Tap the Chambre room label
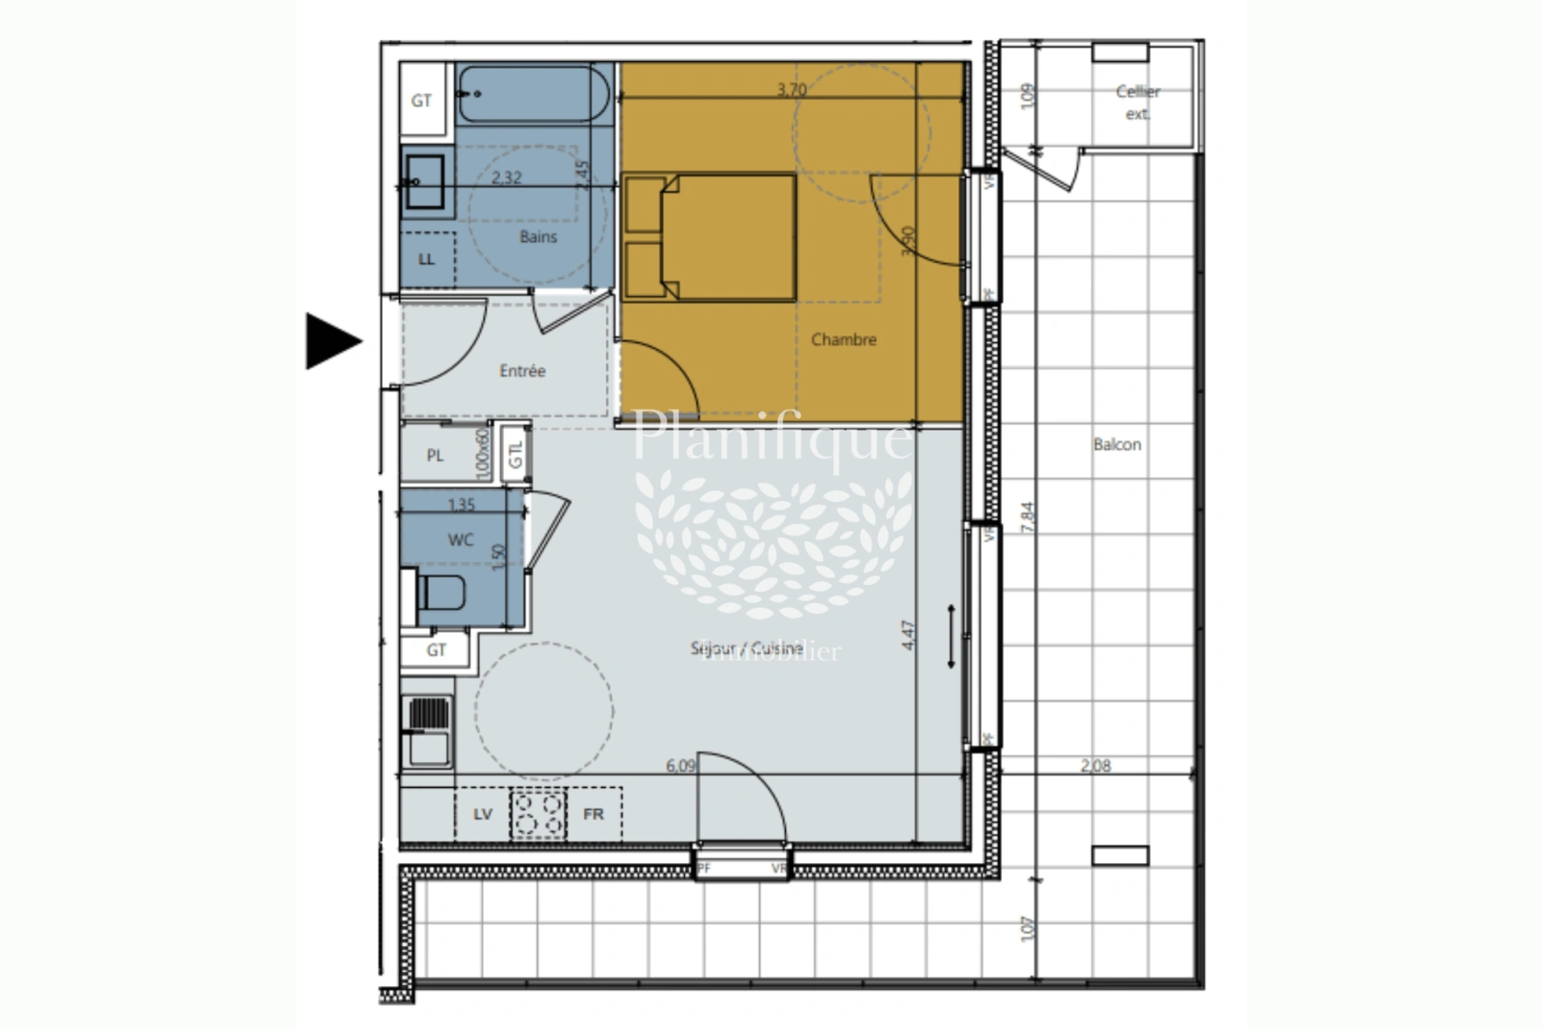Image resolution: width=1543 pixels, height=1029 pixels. (x=843, y=339)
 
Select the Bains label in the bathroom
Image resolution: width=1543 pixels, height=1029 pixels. (x=538, y=236)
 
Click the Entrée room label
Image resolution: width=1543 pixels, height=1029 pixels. (x=522, y=371)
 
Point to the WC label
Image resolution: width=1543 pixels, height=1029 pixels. (x=461, y=540)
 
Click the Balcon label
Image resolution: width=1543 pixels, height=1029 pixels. (x=1117, y=444)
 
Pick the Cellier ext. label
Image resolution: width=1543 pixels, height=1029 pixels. (x=1138, y=102)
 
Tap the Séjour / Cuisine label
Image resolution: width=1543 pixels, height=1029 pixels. (x=747, y=648)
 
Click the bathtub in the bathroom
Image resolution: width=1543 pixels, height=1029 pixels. (x=533, y=93)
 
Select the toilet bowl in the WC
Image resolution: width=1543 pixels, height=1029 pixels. (x=440, y=593)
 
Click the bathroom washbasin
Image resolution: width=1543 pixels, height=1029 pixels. (x=425, y=181)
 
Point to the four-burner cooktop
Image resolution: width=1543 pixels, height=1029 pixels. (x=538, y=814)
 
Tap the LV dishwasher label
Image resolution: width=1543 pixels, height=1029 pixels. (x=483, y=814)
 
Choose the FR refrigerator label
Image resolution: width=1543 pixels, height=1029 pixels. (x=593, y=814)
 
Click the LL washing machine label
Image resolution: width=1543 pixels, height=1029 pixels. (x=427, y=258)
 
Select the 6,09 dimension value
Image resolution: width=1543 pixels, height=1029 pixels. (x=680, y=765)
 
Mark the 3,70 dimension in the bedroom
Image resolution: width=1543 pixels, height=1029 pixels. (x=792, y=90)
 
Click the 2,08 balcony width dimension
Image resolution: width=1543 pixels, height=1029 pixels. (x=1095, y=765)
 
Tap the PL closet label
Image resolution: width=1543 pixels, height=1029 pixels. (x=435, y=455)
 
